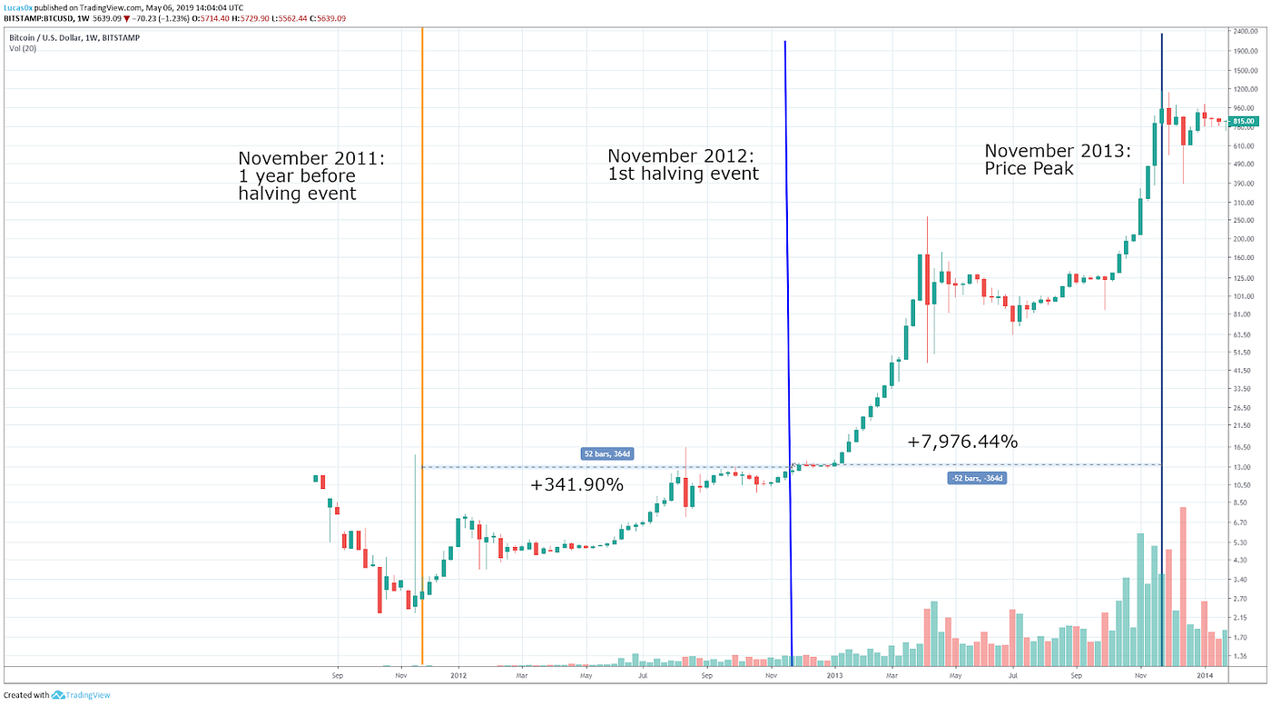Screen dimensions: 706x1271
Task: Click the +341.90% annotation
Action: pos(576,485)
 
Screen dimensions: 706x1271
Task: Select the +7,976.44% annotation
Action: pos(962,442)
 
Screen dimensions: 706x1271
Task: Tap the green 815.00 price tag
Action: pos(1244,121)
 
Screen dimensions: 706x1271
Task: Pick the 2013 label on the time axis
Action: pos(833,675)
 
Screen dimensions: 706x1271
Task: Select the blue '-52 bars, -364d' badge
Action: pos(976,477)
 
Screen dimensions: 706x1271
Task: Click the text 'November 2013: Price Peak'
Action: pos(1058,159)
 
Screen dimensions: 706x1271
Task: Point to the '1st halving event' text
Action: pos(683,174)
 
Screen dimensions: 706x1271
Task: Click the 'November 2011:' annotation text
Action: pos(311,158)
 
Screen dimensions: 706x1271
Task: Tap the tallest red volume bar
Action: pos(1183,586)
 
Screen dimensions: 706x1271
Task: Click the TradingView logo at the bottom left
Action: pos(57,695)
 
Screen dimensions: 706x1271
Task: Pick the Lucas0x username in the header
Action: pos(18,6)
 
